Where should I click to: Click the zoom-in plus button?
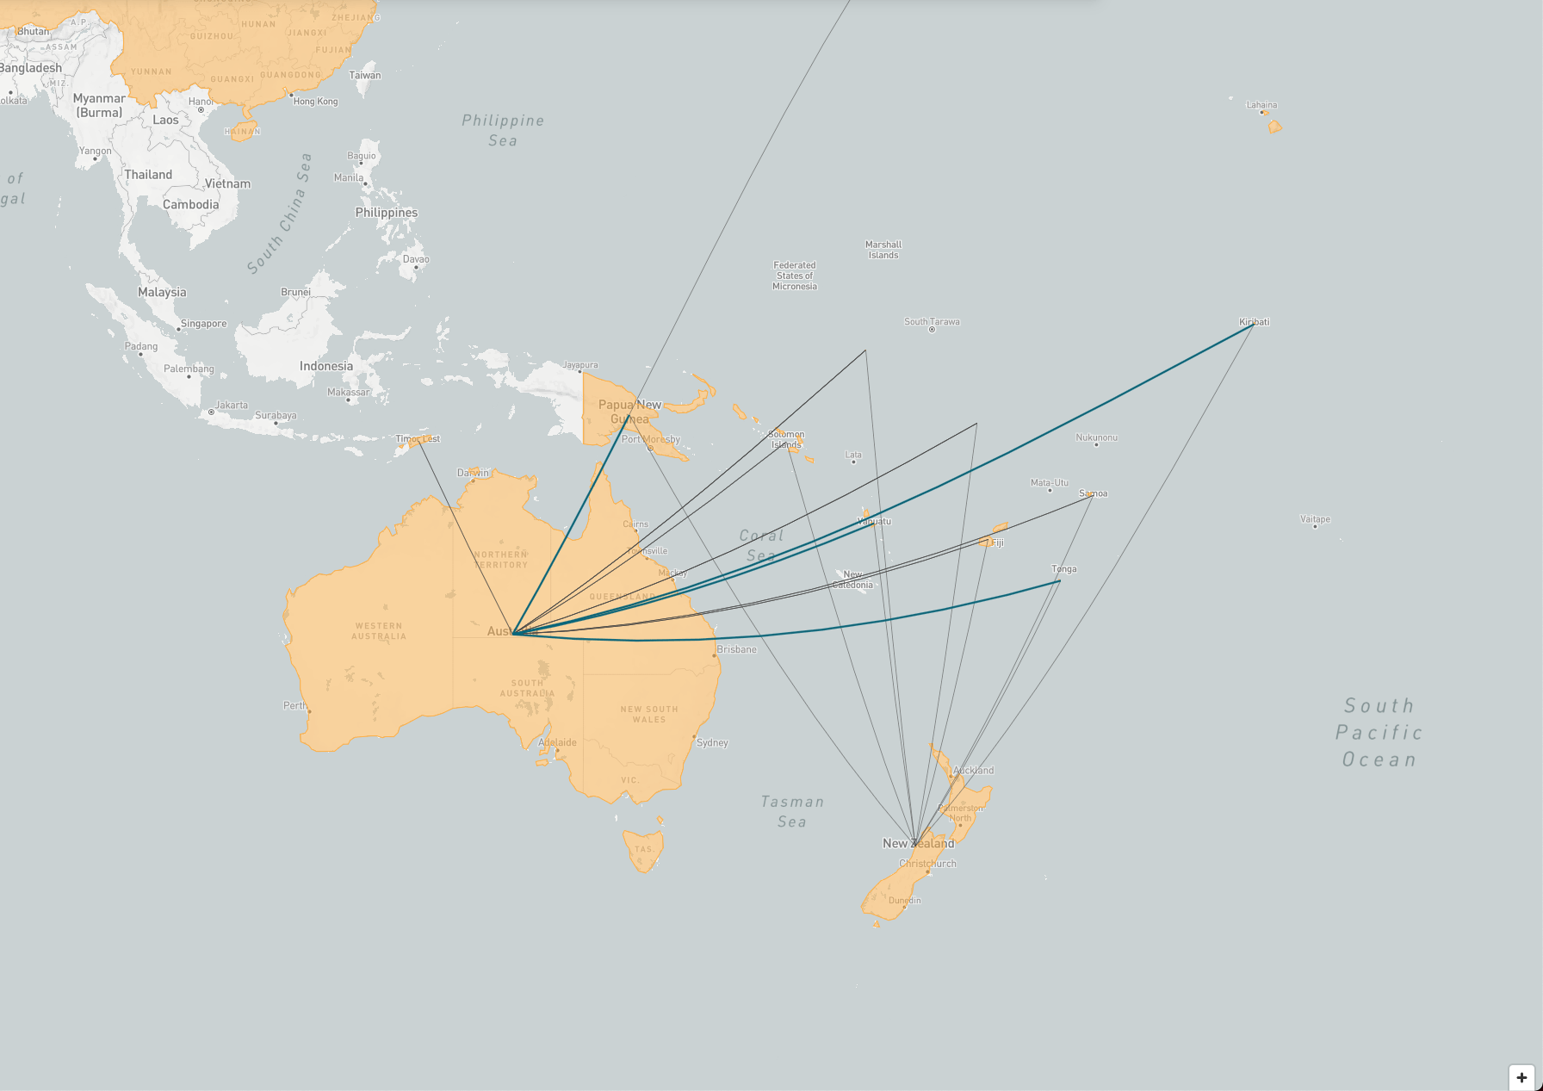(x=1521, y=1077)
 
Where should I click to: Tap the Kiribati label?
(x=1254, y=322)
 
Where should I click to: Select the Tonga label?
(x=1063, y=569)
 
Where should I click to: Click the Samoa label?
(x=1093, y=493)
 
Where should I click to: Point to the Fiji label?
(x=997, y=542)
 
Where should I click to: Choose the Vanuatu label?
(x=874, y=521)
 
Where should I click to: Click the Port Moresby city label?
(x=651, y=439)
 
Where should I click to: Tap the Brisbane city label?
(x=736, y=649)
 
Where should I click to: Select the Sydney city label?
(x=712, y=742)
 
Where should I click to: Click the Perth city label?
(x=294, y=705)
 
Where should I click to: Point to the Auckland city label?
(x=973, y=770)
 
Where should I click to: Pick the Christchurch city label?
(x=927, y=863)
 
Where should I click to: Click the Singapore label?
(x=204, y=324)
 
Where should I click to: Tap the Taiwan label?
(x=365, y=75)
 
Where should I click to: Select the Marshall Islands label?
(x=883, y=250)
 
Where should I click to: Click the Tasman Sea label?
(x=792, y=811)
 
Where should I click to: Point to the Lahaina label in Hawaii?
(x=1261, y=105)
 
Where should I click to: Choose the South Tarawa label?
(x=932, y=322)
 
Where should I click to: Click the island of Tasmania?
(x=643, y=850)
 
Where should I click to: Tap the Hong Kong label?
(x=315, y=102)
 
